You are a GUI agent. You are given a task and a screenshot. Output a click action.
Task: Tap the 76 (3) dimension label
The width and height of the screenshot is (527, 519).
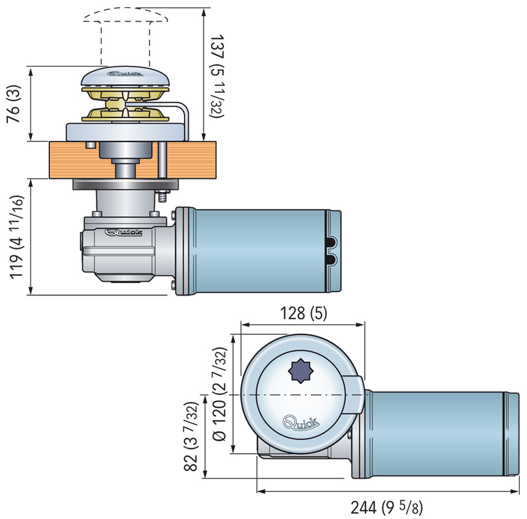click(14, 104)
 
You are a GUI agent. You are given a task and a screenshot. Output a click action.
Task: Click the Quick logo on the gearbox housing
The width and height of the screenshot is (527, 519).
click(122, 232)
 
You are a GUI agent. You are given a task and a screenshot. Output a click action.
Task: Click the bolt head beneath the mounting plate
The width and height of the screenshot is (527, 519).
click(162, 195)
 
